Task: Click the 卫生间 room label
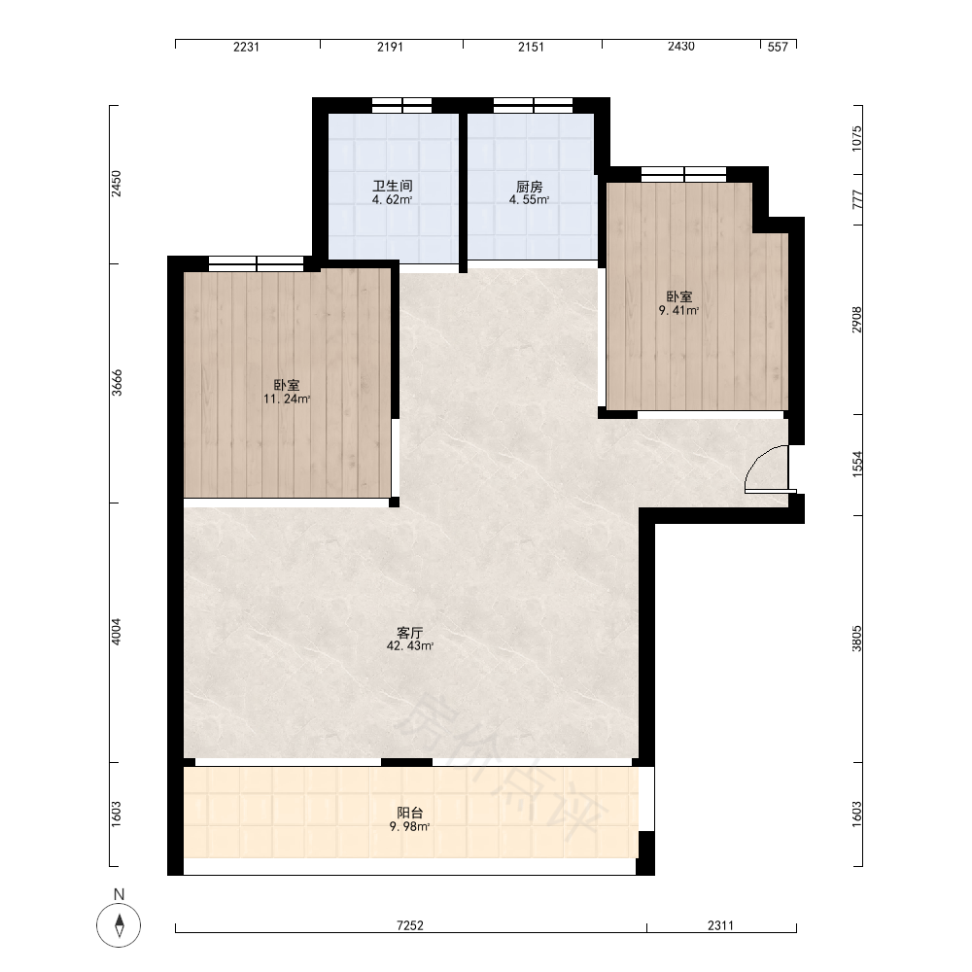pyautogui.click(x=393, y=186)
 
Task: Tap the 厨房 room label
pyautogui.click(x=530, y=186)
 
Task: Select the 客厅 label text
pyautogui.click(x=410, y=633)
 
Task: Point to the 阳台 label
pyautogui.click(x=410, y=813)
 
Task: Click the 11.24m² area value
pyautogui.click(x=287, y=399)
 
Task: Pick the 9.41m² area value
pyautogui.click(x=679, y=311)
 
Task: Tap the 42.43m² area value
pyautogui.click(x=410, y=646)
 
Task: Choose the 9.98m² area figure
pyautogui.click(x=410, y=826)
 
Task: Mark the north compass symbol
pyautogui.click(x=119, y=925)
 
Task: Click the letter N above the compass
pyautogui.click(x=119, y=894)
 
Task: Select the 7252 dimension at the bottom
pyautogui.click(x=410, y=925)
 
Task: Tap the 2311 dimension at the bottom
pyautogui.click(x=720, y=925)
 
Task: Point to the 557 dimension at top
pyautogui.click(x=778, y=47)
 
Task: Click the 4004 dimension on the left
pyautogui.click(x=117, y=632)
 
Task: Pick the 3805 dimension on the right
pyautogui.click(x=856, y=639)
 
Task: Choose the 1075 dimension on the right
pyautogui.click(x=856, y=139)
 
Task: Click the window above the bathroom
pyautogui.click(x=401, y=105)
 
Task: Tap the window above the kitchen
pyautogui.click(x=533, y=105)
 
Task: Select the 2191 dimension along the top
pyautogui.click(x=391, y=47)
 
